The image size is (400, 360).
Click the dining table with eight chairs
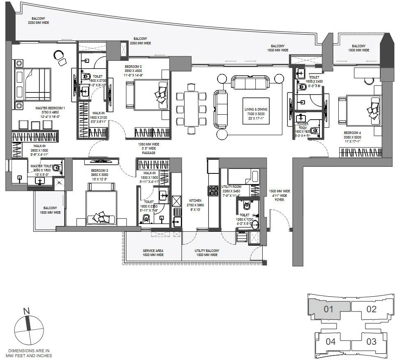[x=191, y=108]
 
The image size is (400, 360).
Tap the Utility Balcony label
[x=207, y=253]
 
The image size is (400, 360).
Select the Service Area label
[x=153, y=253]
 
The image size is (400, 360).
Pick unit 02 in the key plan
[x=371, y=309]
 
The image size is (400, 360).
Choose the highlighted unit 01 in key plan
[x=328, y=309]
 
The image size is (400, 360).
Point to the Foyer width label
[x=280, y=195]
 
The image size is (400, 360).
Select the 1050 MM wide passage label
[x=149, y=149]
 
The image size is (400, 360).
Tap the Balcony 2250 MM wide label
[x=39, y=20]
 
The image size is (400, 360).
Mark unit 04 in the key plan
[x=331, y=341]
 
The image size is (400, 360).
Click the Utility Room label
[x=231, y=189]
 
